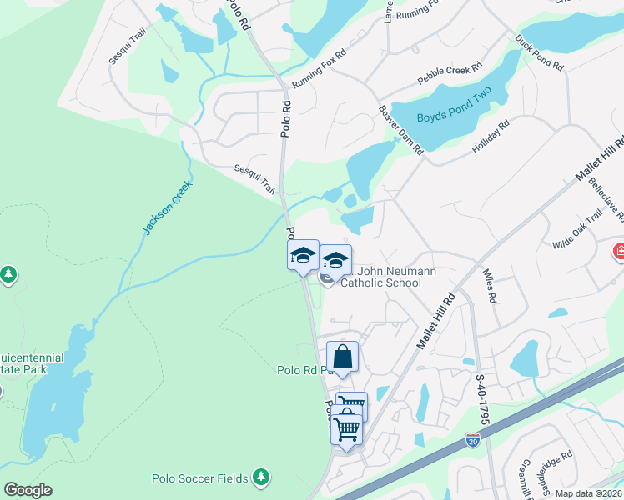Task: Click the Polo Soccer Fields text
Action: [x=200, y=478]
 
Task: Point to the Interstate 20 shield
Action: [x=473, y=439]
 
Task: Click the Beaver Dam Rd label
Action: [x=401, y=129]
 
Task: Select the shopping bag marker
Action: [x=343, y=357]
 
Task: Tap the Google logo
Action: [x=28, y=490]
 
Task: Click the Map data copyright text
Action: [x=589, y=493]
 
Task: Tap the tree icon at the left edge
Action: [x=8, y=273]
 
